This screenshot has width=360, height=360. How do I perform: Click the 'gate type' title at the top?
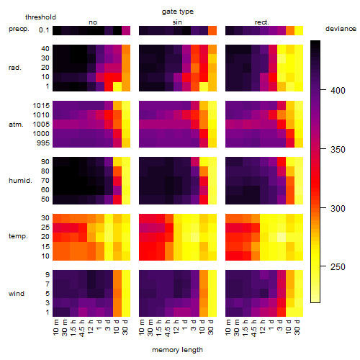point(178,12)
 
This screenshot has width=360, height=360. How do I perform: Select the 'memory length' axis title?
point(177,350)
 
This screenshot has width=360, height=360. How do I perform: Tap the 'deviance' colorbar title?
point(341,29)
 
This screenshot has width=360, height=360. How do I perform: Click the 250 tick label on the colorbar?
point(338,267)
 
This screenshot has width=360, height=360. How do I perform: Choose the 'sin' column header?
point(177,22)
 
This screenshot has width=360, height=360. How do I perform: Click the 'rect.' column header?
point(261,22)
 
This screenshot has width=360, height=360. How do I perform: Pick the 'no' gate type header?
point(93,22)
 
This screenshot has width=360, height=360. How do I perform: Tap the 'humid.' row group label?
point(20,181)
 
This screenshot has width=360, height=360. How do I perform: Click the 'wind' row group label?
point(17,294)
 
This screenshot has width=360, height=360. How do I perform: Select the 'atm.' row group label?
point(16,125)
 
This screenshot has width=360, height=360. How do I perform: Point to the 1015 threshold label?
point(41,106)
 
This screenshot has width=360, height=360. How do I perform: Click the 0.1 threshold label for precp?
point(44,30)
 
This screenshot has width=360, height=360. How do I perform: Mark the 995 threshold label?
point(43,143)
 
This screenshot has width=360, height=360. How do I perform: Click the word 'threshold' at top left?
point(40,17)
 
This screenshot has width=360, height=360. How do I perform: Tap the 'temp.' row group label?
point(18,236)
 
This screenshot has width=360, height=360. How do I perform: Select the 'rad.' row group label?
point(15,68)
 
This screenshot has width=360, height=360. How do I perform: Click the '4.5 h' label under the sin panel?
point(168,328)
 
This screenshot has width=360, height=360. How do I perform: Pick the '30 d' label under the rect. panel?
point(297,327)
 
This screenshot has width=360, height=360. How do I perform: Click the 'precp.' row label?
point(19,29)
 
